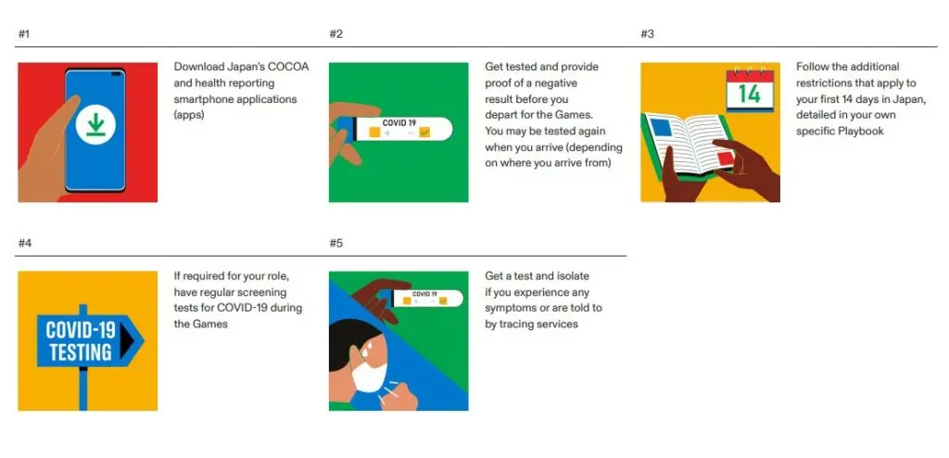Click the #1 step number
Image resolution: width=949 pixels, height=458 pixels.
click(x=23, y=34)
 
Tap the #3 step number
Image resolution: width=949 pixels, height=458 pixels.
click(x=647, y=34)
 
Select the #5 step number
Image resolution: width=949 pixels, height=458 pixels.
click(x=335, y=243)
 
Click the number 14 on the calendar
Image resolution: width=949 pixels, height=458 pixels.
click(x=749, y=95)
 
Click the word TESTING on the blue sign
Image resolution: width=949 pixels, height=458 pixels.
click(x=81, y=351)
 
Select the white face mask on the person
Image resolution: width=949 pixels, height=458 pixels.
click(x=369, y=375)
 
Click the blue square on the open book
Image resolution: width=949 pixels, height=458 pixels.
click(x=661, y=127)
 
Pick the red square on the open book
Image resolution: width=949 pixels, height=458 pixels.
click(x=725, y=159)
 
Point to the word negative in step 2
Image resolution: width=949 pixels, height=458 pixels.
click(x=558, y=83)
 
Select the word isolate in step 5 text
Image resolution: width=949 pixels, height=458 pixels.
click(x=571, y=275)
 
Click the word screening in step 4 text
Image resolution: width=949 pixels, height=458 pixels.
click(x=276, y=292)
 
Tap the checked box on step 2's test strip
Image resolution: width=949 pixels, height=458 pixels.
click(x=424, y=132)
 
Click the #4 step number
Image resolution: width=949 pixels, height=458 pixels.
click(x=25, y=243)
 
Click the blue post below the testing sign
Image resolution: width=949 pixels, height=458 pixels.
click(x=83, y=388)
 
